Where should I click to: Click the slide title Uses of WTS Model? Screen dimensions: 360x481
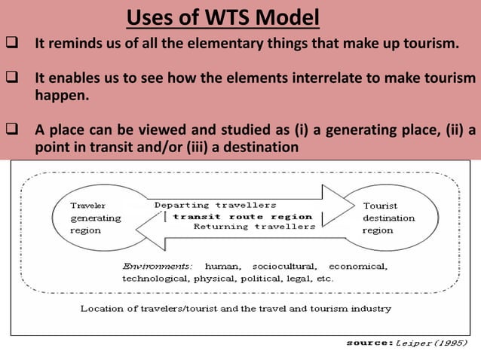[x=222, y=16]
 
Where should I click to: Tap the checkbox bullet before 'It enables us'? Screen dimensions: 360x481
[x=12, y=78]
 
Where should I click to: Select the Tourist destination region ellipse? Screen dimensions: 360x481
[x=388, y=218]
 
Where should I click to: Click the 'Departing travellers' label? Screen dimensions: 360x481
[x=215, y=205]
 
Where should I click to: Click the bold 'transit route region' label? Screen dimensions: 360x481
[x=242, y=216]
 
